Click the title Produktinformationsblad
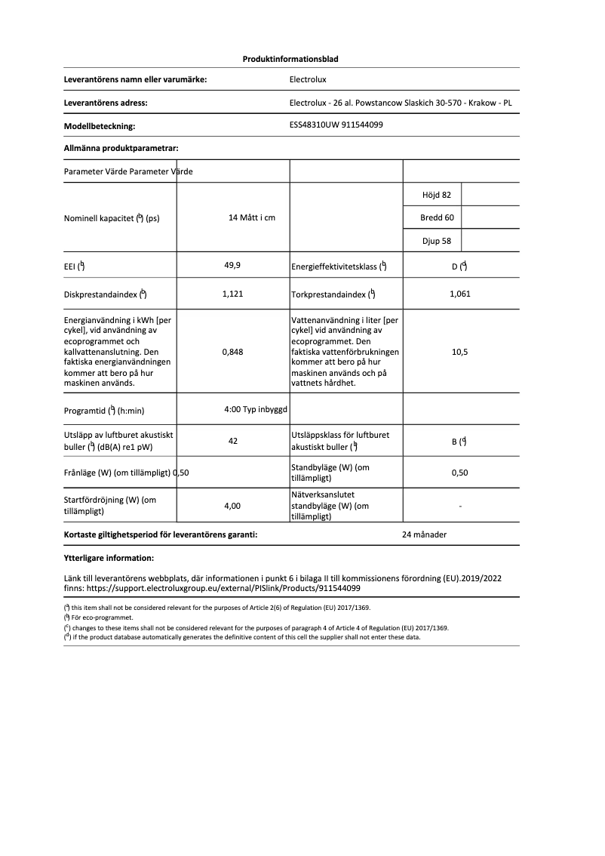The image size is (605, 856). point(295,59)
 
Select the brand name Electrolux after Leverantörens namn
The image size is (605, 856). point(308,79)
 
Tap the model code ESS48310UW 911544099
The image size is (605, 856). point(336,125)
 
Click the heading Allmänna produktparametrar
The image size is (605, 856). point(121,149)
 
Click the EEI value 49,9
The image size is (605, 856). point(232,265)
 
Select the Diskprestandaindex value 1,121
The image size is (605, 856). point(232,294)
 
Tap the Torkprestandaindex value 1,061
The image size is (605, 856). point(459,294)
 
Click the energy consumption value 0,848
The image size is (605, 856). point(232,351)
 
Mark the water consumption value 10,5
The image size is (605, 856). point(459,351)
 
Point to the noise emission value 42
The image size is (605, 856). point(232,441)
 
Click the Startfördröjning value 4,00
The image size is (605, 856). point(232,506)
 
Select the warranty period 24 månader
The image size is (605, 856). point(425,534)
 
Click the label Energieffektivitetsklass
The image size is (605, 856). point(338,266)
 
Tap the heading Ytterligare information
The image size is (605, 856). point(109,559)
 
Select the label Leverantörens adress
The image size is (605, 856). point(106,103)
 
